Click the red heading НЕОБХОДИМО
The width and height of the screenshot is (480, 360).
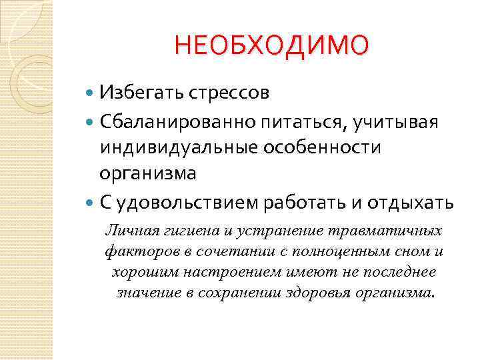(271, 46)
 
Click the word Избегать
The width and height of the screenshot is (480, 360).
(137, 92)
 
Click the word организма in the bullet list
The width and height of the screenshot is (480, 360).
(148, 174)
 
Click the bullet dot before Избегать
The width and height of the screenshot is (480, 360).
(90, 93)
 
